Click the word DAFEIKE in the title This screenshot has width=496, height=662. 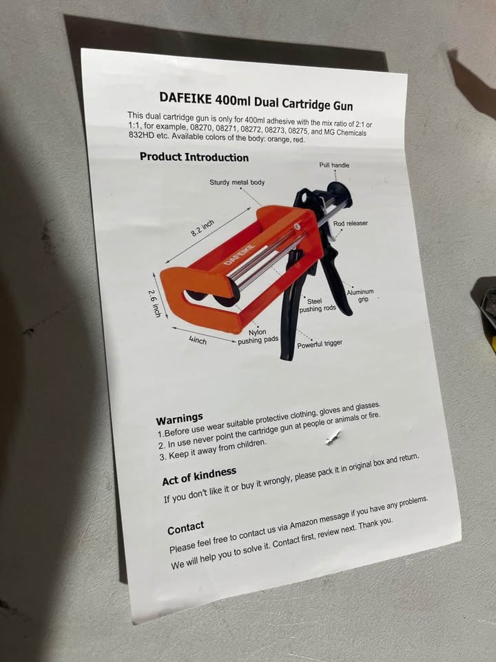click(185, 99)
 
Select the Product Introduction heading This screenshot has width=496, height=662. click(194, 157)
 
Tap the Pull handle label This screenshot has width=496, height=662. click(334, 165)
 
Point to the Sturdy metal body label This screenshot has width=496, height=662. click(237, 182)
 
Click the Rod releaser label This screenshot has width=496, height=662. click(351, 223)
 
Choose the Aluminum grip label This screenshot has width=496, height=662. click(360, 295)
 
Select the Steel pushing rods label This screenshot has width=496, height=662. click(317, 305)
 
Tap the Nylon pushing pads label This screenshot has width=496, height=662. click(258, 337)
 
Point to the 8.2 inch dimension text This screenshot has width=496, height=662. click(203, 228)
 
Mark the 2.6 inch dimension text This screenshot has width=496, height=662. click(154, 303)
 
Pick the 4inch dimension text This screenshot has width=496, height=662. click(198, 339)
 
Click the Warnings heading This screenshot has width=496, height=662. click(179, 419)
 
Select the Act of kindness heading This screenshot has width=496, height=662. click(199, 477)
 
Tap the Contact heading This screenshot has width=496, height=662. click(185, 528)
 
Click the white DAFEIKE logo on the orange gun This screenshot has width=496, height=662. click(239, 254)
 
